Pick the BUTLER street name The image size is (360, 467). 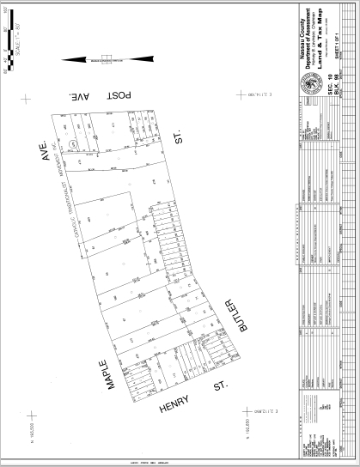click(x=228, y=323)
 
